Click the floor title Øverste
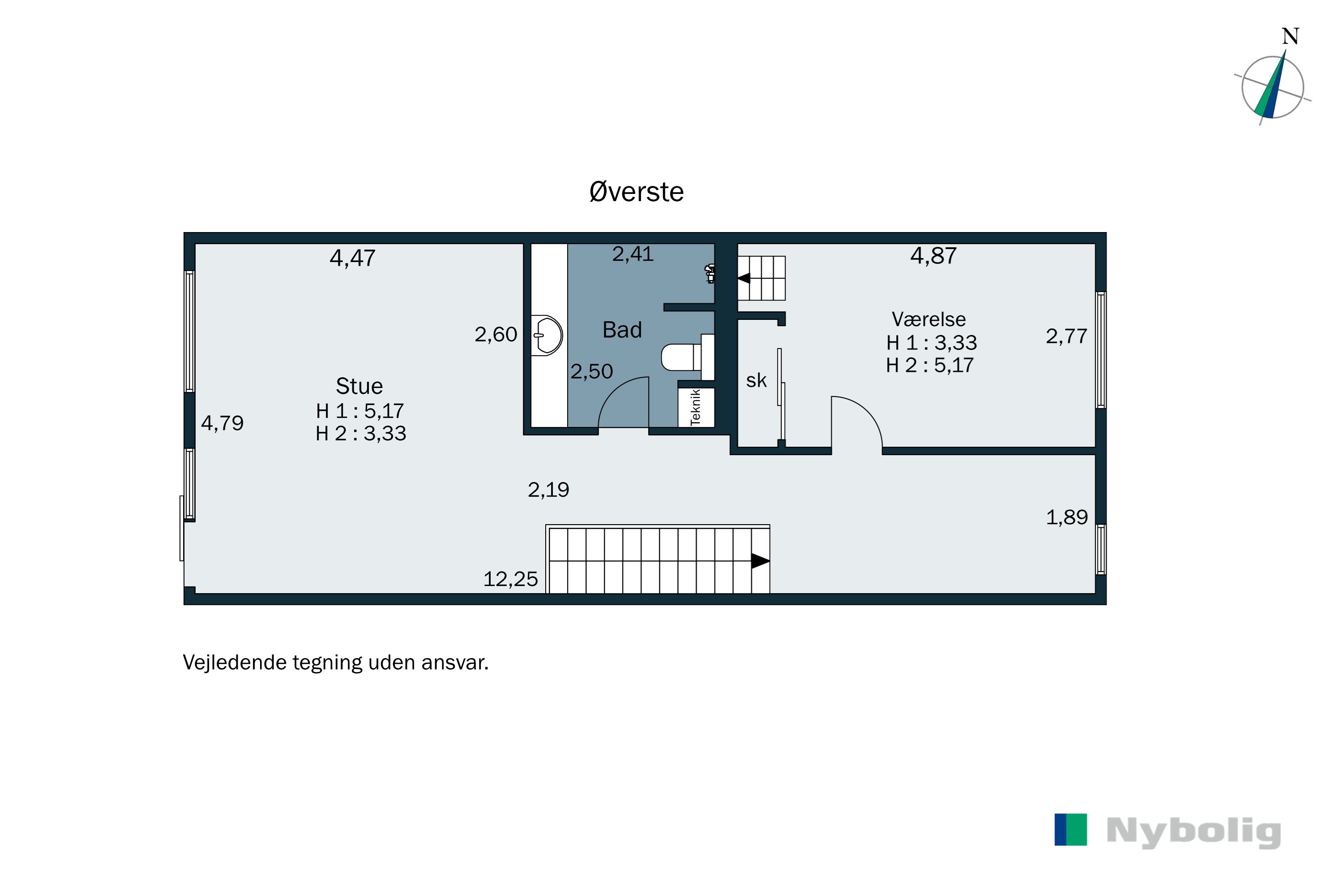coord(636,192)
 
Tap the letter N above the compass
coord(1290,37)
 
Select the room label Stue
coord(359,386)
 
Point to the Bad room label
coord(622,330)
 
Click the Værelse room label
coord(928,319)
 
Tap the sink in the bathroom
coord(547,336)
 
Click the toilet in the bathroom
coord(680,357)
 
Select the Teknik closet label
coord(696,407)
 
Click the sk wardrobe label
coord(756,380)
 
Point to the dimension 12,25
coord(510,579)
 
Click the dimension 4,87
coord(933,255)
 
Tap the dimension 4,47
coord(352,258)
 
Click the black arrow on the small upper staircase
coord(744,278)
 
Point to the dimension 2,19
coord(548,490)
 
